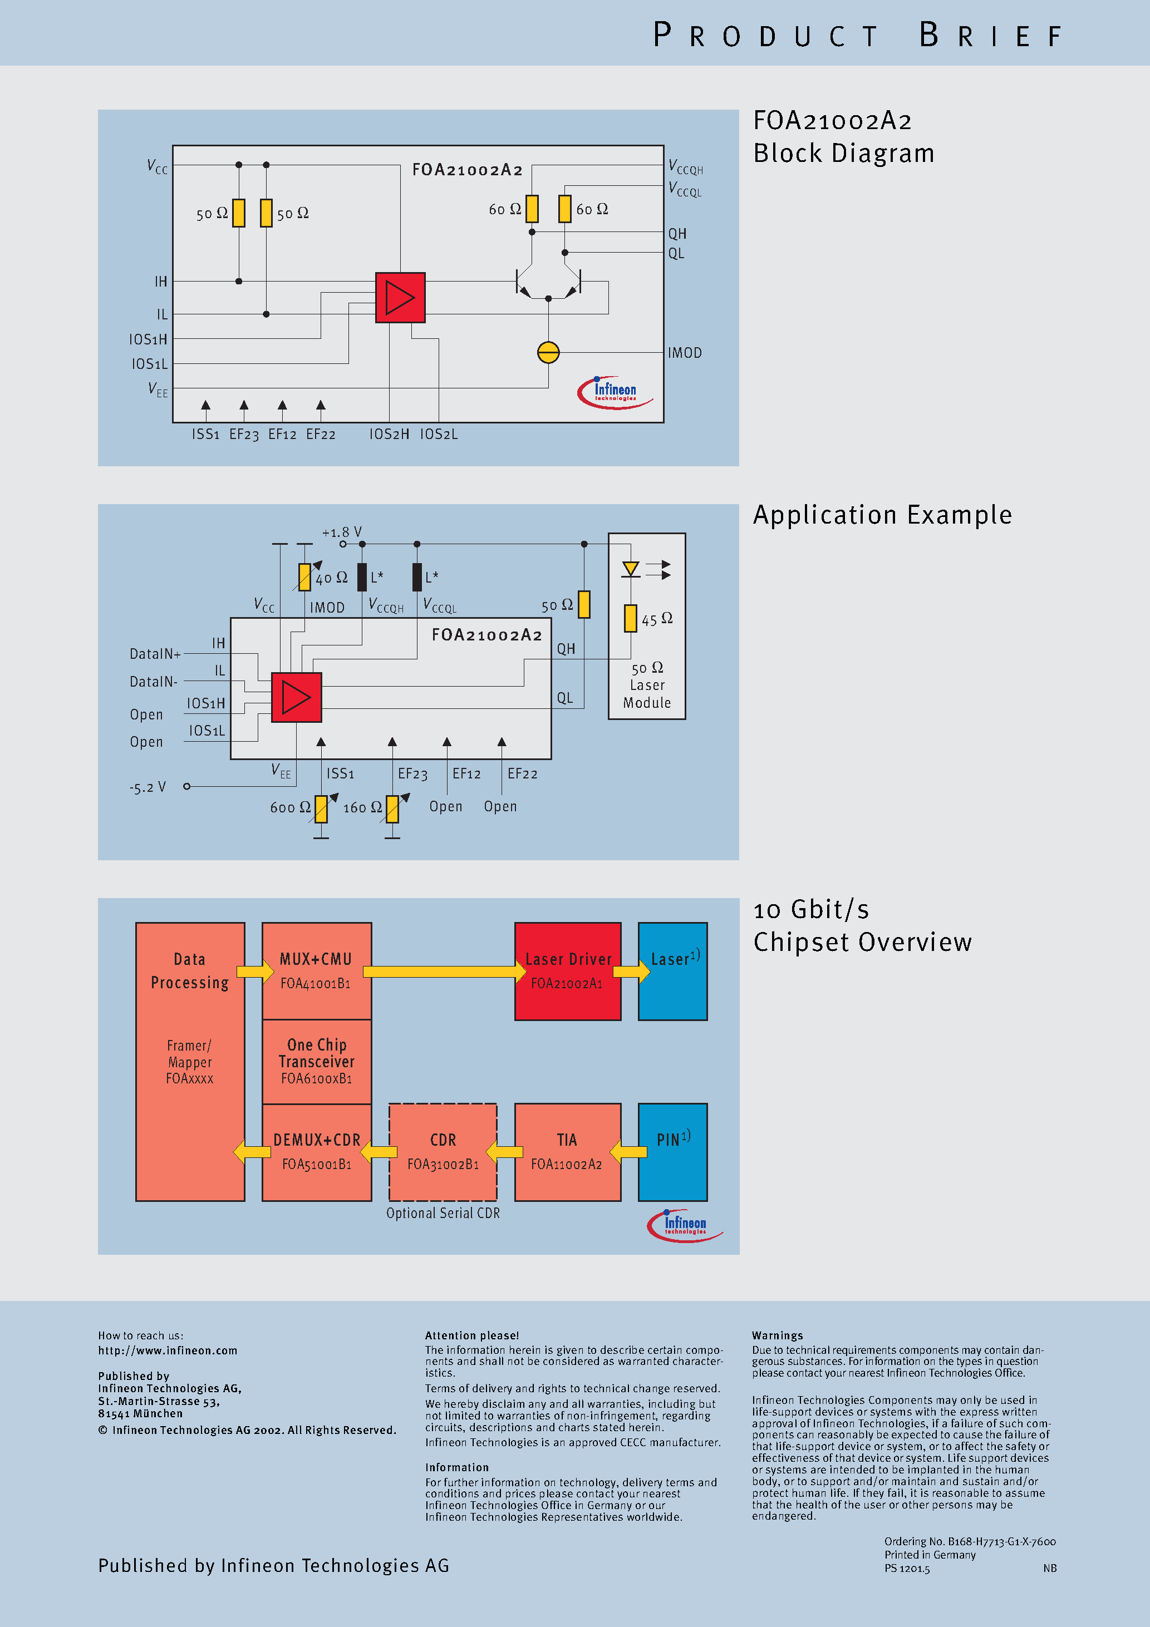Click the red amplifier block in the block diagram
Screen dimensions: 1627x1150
pos(400,298)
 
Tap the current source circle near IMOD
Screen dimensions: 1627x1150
pos(548,352)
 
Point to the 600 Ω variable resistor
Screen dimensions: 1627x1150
pos(321,808)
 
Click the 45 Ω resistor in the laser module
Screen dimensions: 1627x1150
pos(630,618)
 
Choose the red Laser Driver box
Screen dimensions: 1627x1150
pos(567,971)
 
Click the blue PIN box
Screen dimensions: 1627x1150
pos(672,1151)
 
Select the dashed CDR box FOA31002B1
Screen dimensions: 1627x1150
pos(443,1151)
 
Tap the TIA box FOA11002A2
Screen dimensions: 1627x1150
pos(567,1151)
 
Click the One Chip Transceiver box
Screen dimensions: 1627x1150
pos(316,1061)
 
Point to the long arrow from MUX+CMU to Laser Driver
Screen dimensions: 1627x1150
pos(443,972)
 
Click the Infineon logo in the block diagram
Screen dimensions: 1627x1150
pos(615,392)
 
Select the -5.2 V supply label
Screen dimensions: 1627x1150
pos(148,787)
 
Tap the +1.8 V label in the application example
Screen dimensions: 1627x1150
pos(342,532)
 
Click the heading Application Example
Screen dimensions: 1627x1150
pos(882,515)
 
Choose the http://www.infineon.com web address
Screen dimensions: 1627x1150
pos(168,1350)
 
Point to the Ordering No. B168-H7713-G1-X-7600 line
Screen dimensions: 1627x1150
pos(969,1541)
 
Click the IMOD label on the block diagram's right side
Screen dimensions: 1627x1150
pos(684,353)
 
